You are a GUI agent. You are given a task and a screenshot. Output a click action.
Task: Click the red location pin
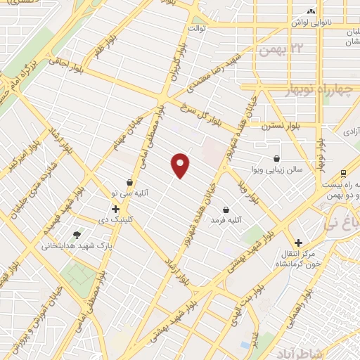pyautogui.click(x=181, y=165)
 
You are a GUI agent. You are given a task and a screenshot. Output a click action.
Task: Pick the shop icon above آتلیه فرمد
pyautogui.click(x=226, y=210)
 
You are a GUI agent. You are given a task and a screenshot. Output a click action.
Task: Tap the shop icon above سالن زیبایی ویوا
pyautogui.click(x=276, y=159)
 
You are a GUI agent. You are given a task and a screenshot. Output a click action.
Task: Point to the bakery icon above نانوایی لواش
pyautogui.click(x=309, y=11)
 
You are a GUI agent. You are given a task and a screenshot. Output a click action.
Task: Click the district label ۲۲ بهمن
pyautogui.click(x=278, y=50)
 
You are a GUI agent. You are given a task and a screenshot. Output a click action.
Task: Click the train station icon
pyautogui.click(x=342, y=173)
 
